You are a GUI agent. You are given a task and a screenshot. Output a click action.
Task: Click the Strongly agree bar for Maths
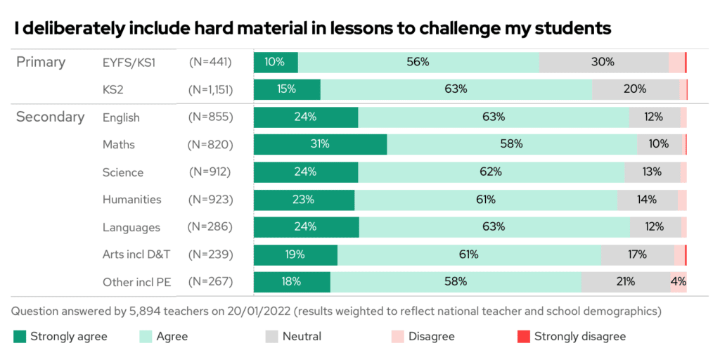click(x=320, y=144)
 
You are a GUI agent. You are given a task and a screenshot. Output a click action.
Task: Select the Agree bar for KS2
click(x=456, y=89)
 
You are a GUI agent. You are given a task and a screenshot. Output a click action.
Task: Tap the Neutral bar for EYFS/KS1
click(x=603, y=62)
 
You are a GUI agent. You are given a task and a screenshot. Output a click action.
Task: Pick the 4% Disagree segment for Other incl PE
click(x=679, y=282)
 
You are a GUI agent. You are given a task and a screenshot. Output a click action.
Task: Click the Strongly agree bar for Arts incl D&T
click(x=295, y=255)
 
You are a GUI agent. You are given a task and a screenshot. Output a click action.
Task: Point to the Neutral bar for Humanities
click(x=647, y=200)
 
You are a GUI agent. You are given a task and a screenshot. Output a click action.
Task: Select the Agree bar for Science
click(x=491, y=172)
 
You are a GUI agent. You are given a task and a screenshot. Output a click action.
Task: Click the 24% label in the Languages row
click(x=305, y=227)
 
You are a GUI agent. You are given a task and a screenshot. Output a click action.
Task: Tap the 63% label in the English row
click(x=494, y=117)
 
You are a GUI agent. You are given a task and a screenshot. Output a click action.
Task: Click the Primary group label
click(x=41, y=62)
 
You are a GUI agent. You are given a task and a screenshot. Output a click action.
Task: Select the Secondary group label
click(x=50, y=117)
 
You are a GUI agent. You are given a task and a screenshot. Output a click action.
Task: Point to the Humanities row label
click(x=131, y=200)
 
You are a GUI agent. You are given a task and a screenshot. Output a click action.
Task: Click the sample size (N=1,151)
click(x=210, y=89)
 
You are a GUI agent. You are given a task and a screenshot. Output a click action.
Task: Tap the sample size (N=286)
click(x=210, y=227)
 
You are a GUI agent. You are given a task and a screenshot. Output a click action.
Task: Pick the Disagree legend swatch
click(x=397, y=337)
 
